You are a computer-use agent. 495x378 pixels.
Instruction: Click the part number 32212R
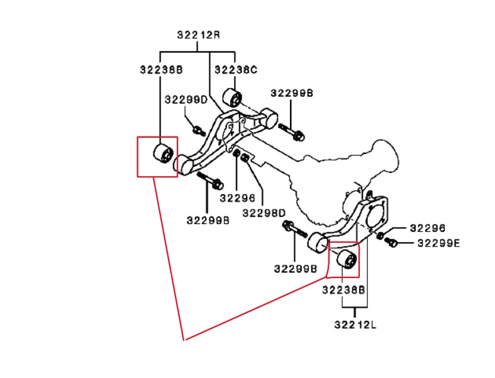click(197, 35)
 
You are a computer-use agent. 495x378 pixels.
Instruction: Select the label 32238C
click(236, 70)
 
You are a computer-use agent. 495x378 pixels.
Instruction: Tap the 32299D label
click(186, 99)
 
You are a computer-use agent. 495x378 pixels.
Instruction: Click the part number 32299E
click(438, 243)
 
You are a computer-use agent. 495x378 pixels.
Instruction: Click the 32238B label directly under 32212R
click(161, 70)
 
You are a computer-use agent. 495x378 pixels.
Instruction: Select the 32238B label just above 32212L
click(343, 290)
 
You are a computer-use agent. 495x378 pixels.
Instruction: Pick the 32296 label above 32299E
click(427, 228)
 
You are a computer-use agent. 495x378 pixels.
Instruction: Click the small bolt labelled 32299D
click(197, 130)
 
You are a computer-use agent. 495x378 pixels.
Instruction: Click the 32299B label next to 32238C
click(292, 92)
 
